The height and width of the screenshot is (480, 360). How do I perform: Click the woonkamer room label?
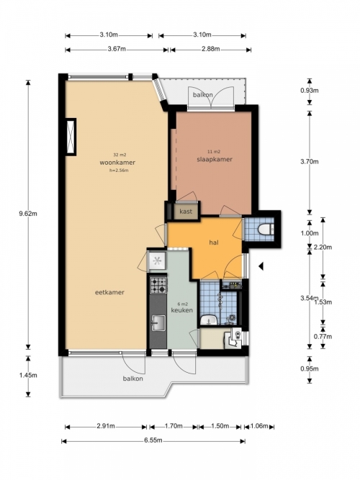[x=117, y=163]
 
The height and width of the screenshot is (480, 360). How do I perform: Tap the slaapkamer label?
[x=215, y=159]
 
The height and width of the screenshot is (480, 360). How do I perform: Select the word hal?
[x=214, y=243]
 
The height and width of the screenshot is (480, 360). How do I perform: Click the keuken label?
[x=182, y=310]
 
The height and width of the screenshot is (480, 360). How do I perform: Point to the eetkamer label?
[x=109, y=292]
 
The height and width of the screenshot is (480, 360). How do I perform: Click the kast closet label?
[x=186, y=212]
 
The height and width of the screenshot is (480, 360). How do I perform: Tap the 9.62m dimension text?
[x=28, y=214]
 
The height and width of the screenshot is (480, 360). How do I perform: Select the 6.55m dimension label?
[x=153, y=440]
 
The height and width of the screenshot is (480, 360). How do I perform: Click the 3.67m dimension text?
[x=117, y=49]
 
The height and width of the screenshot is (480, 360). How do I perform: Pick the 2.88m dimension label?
[x=210, y=49]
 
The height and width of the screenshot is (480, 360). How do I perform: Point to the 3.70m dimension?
[x=310, y=162]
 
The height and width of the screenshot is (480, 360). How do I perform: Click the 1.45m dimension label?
[x=28, y=375]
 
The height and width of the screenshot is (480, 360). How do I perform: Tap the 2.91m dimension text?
[x=106, y=426]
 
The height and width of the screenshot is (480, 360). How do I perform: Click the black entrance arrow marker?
[x=261, y=266]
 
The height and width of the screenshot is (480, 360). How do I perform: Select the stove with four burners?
[x=158, y=285]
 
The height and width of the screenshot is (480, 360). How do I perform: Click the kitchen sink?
[x=158, y=323]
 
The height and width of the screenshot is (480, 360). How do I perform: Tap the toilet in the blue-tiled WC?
[x=266, y=229]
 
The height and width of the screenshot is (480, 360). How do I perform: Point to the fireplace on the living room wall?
[x=71, y=137]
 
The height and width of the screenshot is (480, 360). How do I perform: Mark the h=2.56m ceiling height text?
[x=119, y=171]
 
